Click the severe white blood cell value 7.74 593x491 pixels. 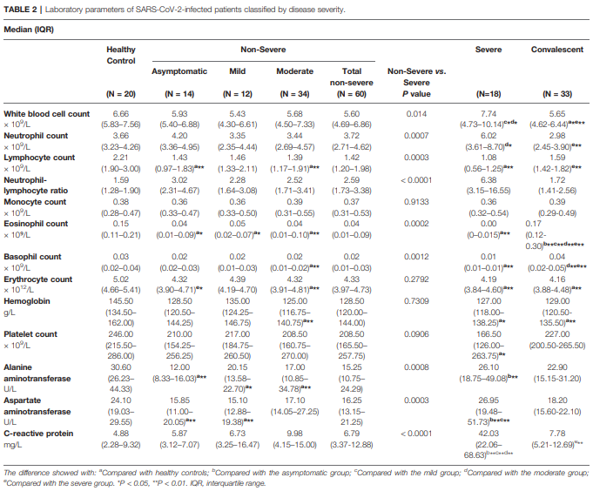489,114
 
